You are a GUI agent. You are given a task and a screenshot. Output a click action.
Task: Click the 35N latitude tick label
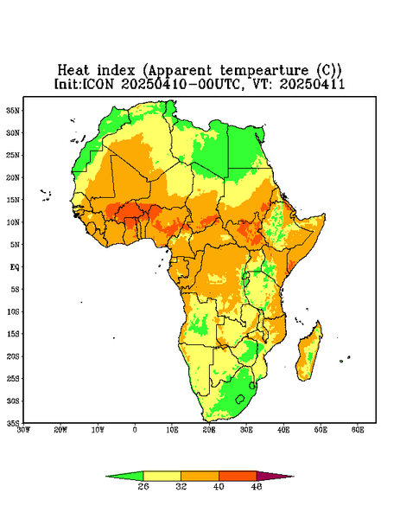[x=13, y=111]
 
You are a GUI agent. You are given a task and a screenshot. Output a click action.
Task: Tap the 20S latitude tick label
[x=13, y=356]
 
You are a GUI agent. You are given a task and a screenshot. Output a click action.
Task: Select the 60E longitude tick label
[x=358, y=430]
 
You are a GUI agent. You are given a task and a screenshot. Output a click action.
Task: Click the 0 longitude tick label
[x=135, y=430]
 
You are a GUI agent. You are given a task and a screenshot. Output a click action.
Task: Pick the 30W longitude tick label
[x=24, y=430]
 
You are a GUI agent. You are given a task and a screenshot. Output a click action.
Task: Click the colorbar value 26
[x=143, y=486]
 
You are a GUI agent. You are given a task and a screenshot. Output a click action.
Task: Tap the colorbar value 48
[x=257, y=486]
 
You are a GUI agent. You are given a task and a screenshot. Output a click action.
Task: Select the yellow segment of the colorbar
[x=162, y=476]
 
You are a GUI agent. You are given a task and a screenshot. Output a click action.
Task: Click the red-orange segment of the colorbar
[x=238, y=476]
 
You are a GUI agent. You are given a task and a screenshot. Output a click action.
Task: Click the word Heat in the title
[x=73, y=71]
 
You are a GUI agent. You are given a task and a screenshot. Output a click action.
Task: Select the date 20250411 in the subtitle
[x=312, y=84]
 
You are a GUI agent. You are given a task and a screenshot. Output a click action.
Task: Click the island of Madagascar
[x=310, y=353]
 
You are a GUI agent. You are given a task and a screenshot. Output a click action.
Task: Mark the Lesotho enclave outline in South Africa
[x=240, y=399]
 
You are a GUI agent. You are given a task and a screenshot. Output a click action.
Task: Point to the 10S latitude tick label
[x=13, y=311]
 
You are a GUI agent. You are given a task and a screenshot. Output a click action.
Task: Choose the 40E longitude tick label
[x=283, y=430]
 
